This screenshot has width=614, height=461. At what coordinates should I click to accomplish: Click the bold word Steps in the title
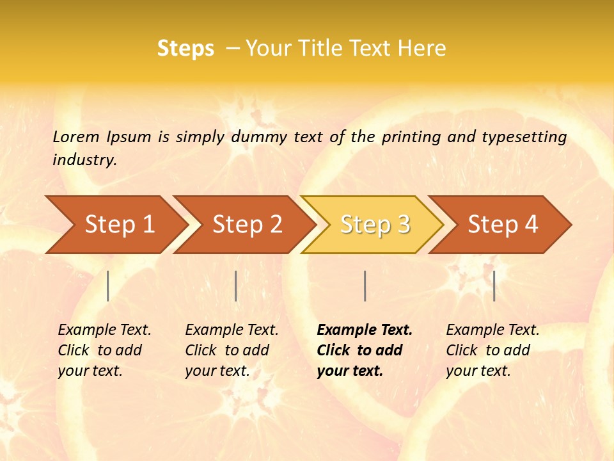point(185,49)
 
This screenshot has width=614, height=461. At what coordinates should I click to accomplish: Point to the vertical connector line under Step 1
point(108,286)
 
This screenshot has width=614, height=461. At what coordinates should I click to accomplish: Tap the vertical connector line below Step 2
point(236,286)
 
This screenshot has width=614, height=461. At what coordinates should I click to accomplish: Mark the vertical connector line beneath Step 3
point(365,286)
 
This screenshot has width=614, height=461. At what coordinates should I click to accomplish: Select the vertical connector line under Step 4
point(494,286)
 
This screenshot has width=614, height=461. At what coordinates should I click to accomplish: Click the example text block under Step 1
point(104,350)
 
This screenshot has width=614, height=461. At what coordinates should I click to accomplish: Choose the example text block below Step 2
point(232,350)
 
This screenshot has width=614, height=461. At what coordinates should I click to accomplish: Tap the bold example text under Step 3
point(365,350)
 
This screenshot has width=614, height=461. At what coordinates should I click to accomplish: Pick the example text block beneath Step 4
point(492,350)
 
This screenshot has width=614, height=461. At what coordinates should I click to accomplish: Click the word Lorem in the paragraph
point(75,136)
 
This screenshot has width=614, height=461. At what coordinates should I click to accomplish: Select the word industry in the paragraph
point(84,159)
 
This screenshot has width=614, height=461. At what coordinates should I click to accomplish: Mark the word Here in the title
point(421,49)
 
